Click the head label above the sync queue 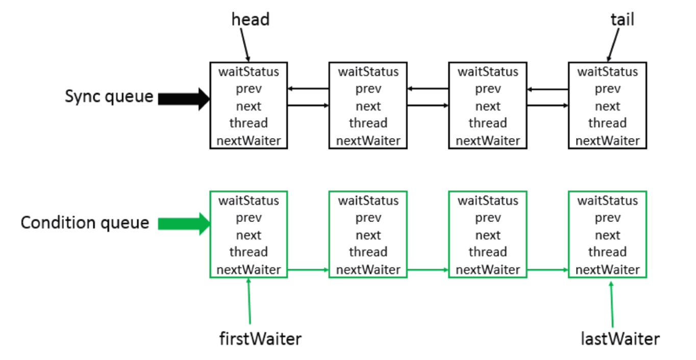tap(250, 19)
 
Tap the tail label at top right tap(622, 19)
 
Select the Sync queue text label tap(109, 96)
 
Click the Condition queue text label tap(85, 223)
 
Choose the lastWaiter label tap(620, 338)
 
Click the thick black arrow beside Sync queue tap(184, 98)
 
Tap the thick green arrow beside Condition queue tap(184, 224)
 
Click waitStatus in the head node tap(248, 71)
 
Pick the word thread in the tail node tap(607, 123)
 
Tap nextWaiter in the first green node tap(248, 270)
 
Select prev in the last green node tap(607, 218)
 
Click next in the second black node tap(368, 106)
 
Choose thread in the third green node tap(487, 252)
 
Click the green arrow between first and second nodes tap(308, 270)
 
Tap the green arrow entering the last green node tap(548, 270)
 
